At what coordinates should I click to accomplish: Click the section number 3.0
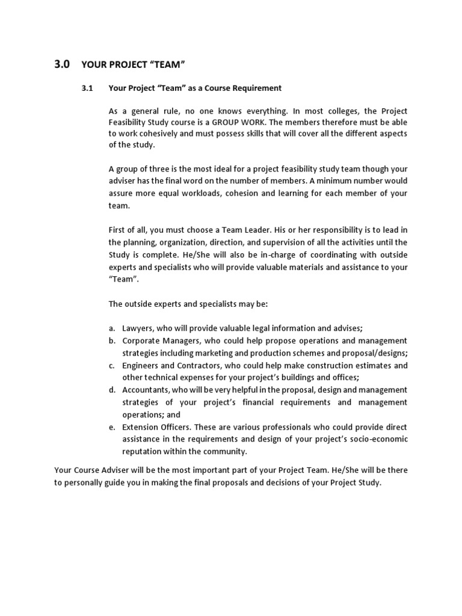[62, 63]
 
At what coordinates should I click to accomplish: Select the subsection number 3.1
[88, 88]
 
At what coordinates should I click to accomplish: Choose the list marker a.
[112, 328]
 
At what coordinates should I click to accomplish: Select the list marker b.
[112, 340]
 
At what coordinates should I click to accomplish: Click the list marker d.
[112, 390]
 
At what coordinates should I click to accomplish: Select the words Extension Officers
[156, 427]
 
